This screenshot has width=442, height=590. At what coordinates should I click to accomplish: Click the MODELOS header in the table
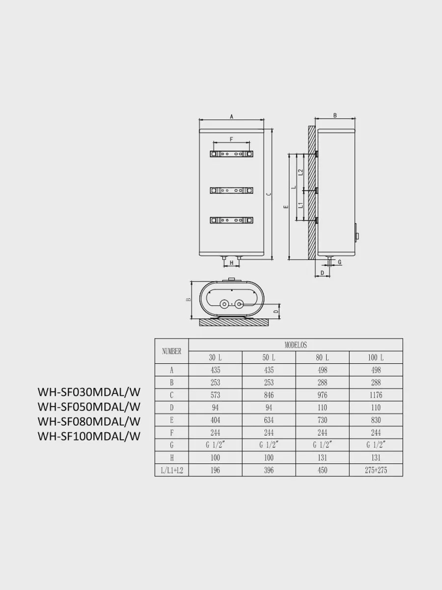coord(296,345)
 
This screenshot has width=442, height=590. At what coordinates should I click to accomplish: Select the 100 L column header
coord(376,357)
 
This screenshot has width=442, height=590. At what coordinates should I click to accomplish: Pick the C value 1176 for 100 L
coord(376,395)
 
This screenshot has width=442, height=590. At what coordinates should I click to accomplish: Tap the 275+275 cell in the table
coord(376,470)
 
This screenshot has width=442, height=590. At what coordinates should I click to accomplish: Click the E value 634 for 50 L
coord(269,420)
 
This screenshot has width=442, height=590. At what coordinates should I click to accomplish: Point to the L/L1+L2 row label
coord(172,470)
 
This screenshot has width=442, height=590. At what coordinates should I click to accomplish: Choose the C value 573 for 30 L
coord(215,395)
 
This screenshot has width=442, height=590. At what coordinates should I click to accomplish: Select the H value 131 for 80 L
coord(322,457)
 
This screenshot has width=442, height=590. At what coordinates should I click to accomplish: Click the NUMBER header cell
coord(172,352)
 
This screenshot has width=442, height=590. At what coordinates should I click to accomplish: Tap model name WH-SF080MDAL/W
coord(89,421)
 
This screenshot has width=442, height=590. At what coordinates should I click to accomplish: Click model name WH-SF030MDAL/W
coord(89,392)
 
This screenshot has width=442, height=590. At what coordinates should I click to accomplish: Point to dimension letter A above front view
coord(232,117)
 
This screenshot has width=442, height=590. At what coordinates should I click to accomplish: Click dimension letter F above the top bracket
coord(231,139)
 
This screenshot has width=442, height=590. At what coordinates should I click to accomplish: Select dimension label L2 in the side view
coord(301,172)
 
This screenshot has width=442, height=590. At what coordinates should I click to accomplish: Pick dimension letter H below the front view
coord(232,263)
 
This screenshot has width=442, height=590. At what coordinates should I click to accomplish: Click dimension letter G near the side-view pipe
coord(339,262)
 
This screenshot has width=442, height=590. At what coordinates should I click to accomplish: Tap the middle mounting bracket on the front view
coord(232,190)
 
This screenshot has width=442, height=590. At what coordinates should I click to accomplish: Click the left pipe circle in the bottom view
coord(224,304)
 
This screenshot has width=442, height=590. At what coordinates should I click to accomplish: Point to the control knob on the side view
coord(357,232)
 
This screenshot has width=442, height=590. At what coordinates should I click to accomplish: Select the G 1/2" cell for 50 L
coord(269,445)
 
